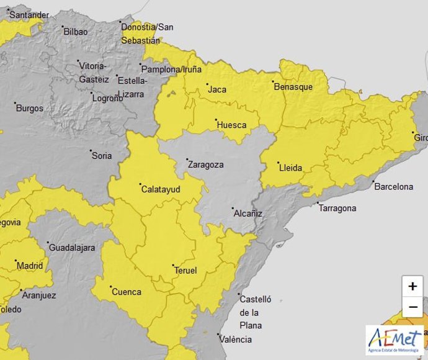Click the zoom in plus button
click(412, 287)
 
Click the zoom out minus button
click(412, 307)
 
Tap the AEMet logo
click(395, 340)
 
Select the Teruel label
click(185, 271)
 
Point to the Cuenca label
click(126, 292)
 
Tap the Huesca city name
click(231, 125)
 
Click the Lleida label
click(290, 168)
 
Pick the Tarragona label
click(337, 208)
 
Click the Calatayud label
click(161, 189)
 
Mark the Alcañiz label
click(248, 213)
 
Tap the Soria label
click(102, 155)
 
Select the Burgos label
click(30, 108)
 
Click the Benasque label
click(293, 87)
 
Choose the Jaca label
click(217, 89)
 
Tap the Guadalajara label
click(72, 248)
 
